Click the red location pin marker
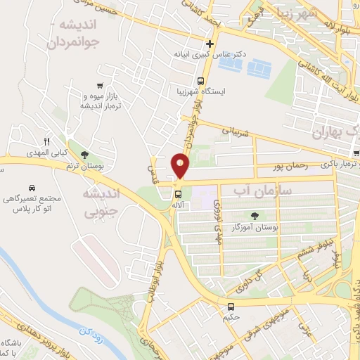pos(181,166)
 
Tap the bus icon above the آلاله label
pos(179,193)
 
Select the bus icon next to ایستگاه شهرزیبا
pos(201,80)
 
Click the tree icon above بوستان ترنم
pos(85,155)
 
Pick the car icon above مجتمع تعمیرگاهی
pos(32,188)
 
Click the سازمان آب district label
pos(256,190)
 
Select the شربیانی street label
pos(232,129)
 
